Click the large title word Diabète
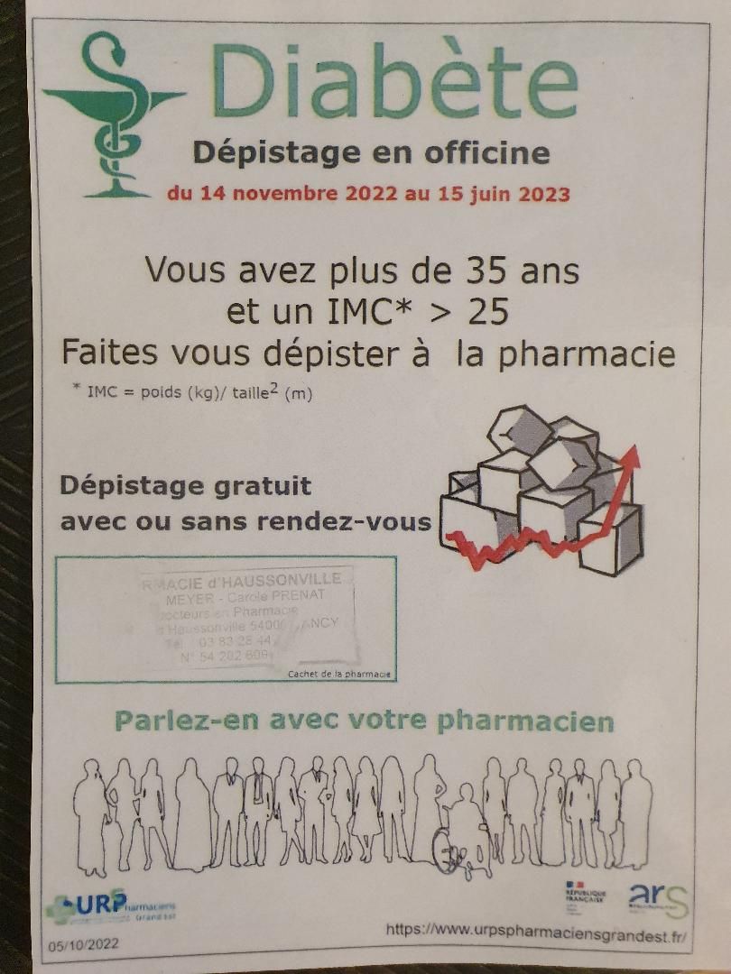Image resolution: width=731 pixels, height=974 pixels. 394,83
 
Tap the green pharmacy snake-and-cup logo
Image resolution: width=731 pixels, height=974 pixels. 113,113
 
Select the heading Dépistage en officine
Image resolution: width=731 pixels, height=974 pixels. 371,152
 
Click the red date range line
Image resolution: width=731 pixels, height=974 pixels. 368,193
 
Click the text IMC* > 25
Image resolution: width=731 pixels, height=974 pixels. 366,311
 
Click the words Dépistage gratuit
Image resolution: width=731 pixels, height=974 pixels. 185,486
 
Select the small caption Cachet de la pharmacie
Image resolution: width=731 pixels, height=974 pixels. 339,674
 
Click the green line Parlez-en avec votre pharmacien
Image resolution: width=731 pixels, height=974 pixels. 365,722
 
